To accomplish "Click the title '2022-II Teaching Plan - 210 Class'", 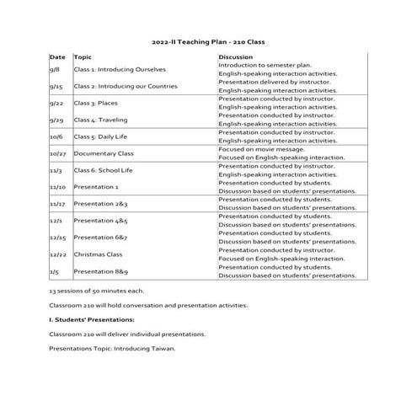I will pos(208,40).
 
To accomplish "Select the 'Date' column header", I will pos(57,56).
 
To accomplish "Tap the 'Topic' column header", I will pos(83,56).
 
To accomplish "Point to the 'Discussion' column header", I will pos(236,56).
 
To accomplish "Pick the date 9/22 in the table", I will pos(57,103).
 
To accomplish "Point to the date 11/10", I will pos(59,187).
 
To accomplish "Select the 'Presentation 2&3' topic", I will pos(100,204).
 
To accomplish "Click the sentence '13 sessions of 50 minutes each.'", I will pos(97,291).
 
